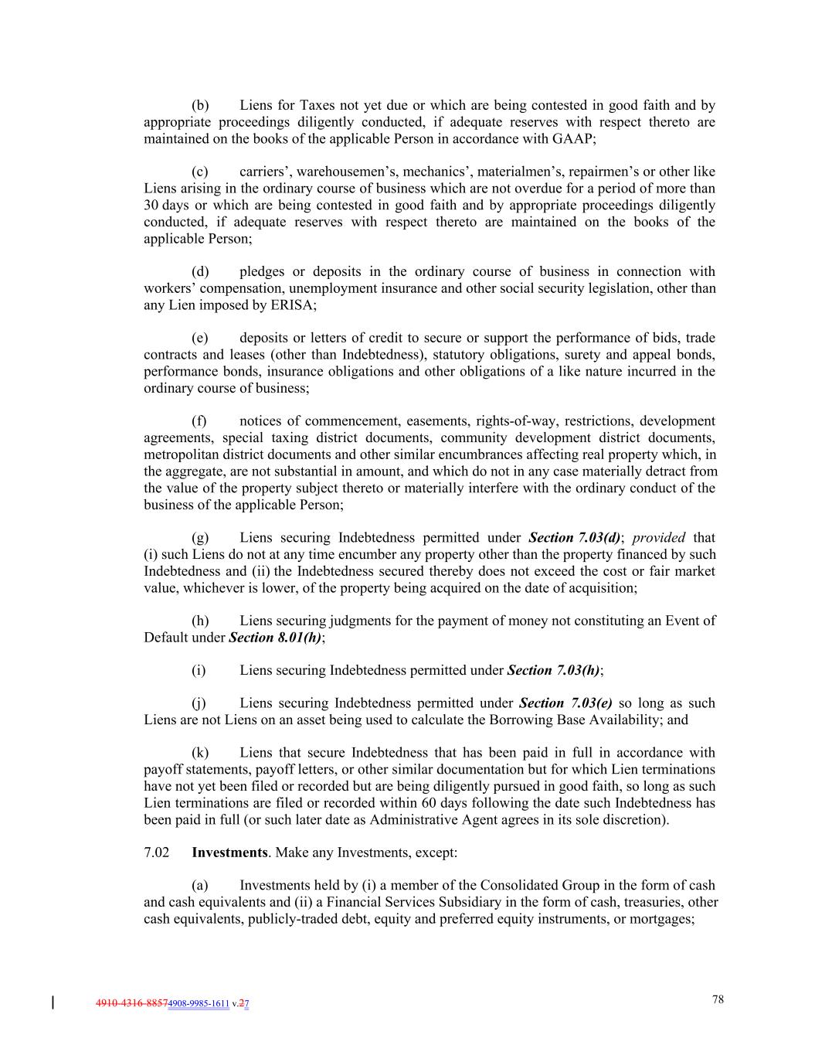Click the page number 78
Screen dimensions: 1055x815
coord(718,999)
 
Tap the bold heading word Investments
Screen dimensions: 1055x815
coord(229,853)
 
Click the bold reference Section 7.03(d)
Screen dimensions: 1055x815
coord(575,538)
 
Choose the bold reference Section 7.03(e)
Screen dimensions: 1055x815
coord(565,703)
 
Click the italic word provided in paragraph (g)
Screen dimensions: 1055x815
coord(658,538)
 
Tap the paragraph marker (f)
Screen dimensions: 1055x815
coord(200,421)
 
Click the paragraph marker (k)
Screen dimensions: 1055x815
coord(200,753)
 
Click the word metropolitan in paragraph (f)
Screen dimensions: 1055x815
coord(180,454)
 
